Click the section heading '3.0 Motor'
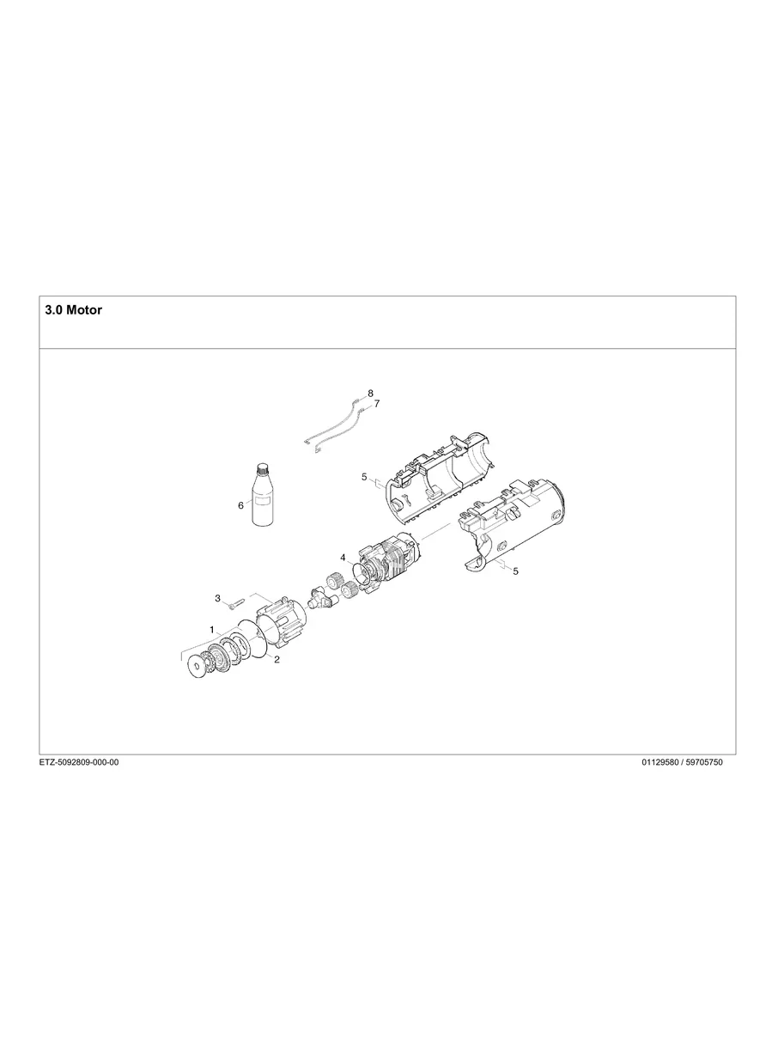tap(73, 310)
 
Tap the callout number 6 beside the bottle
tap(240, 505)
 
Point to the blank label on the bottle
tap(259, 508)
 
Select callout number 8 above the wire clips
tap(370, 393)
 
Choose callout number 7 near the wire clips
tap(376, 403)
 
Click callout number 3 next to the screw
tap(217, 597)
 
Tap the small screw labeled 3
tap(235, 603)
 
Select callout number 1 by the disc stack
tap(211, 630)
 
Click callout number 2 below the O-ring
tap(277, 660)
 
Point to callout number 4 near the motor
tap(343, 558)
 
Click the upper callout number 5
tap(364, 476)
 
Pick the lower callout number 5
tap(514, 571)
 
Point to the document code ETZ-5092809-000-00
tap(79, 763)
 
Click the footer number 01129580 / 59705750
tap(682, 763)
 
